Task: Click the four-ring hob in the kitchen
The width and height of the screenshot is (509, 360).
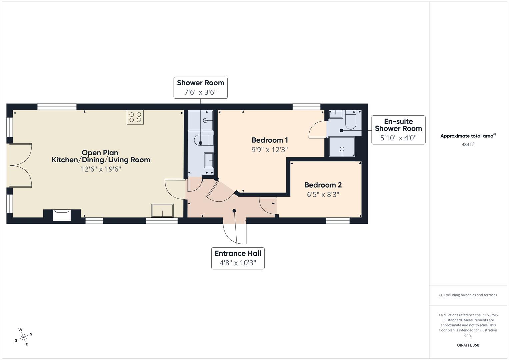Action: tap(135, 117)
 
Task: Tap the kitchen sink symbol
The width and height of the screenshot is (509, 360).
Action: tap(162, 211)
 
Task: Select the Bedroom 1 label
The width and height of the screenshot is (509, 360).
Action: tap(269, 140)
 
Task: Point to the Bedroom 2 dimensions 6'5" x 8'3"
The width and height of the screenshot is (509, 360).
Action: tap(323, 194)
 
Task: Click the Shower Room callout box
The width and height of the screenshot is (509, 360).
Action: tap(200, 88)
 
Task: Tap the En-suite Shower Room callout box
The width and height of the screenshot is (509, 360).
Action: tap(398, 130)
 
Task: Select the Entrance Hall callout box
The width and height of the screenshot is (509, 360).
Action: tap(238, 258)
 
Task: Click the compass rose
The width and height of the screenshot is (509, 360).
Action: tap(23, 337)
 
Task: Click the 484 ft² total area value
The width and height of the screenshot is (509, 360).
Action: tap(468, 144)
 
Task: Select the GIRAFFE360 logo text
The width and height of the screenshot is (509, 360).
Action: tap(468, 345)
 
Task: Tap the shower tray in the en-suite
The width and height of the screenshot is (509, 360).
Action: tap(342, 147)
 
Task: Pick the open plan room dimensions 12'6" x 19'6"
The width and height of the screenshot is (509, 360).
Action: tap(101, 169)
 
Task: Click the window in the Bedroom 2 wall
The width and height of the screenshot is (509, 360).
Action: tap(338, 221)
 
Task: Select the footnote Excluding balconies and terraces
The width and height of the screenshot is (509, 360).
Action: tap(468, 295)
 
